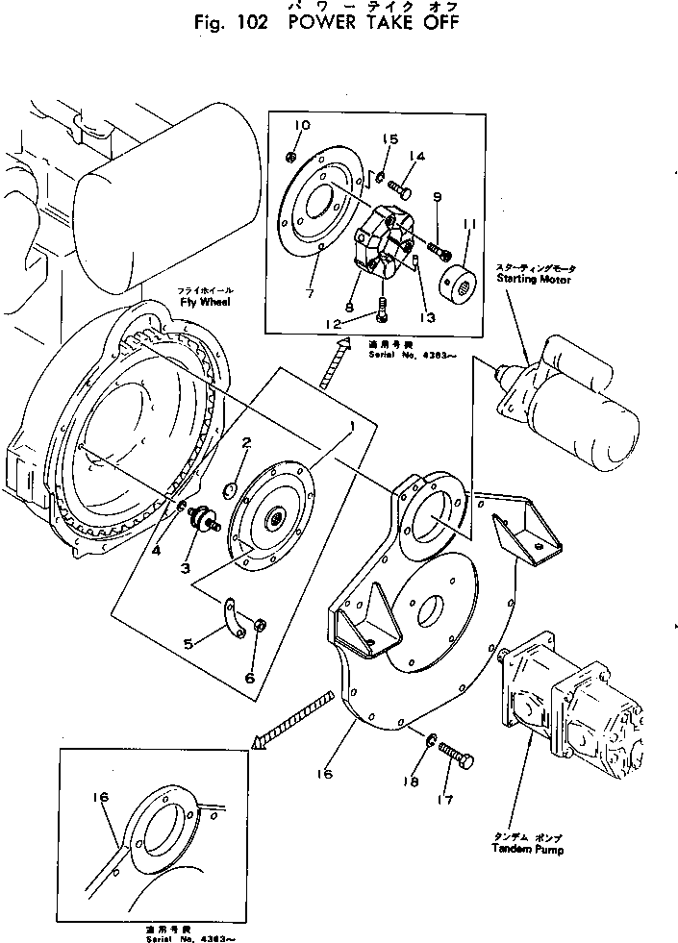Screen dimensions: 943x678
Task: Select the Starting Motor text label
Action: (x=534, y=280)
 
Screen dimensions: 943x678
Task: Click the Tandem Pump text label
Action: (x=527, y=850)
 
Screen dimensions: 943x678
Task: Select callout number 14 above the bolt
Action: (x=416, y=156)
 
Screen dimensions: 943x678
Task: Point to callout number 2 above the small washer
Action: (x=246, y=443)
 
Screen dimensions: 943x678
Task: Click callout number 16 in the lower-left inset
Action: (x=103, y=797)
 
